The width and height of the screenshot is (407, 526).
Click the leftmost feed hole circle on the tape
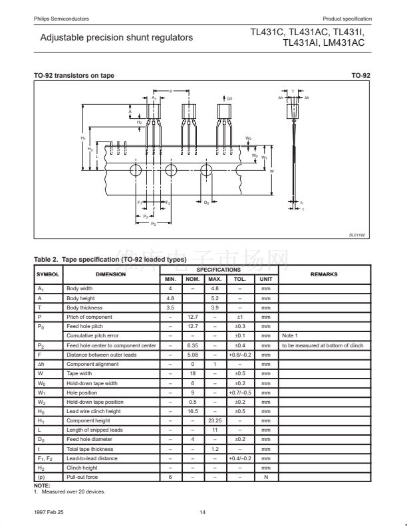click(x=135, y=170)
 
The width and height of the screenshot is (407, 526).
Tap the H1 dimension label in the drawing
click(x=83, y=137)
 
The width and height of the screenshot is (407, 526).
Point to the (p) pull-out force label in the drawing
click(x=229, y=98)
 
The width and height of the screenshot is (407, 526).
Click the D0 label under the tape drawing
click(x=207, y=202)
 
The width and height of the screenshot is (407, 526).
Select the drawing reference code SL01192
click(x=358, y=234)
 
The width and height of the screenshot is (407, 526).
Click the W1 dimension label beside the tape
click(x=263, y=157)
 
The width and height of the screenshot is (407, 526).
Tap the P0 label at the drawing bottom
click(x=154, y=224)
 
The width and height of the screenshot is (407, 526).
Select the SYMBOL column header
click(x=48, y=274)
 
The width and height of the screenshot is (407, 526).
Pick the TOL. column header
click(x=239, y=279)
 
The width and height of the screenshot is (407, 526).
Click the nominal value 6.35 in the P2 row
click(x=192, y=345)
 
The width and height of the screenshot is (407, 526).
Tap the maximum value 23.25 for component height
click(x=214, y=420)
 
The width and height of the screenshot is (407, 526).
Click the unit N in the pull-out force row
click(x=266, y=477)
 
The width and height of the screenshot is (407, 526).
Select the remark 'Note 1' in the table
click(x=290, y=336)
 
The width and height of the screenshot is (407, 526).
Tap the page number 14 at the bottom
click(x=203, y=512)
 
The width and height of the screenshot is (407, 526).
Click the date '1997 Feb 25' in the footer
click(x=49, y=512)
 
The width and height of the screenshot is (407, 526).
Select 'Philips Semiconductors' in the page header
click(x=61, y=18)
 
